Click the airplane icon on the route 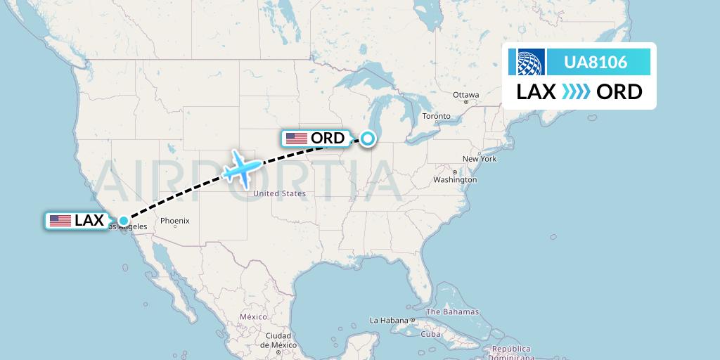point(241,168)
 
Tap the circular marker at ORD point(367,139)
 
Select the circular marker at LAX point(124,221)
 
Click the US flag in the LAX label point(60,221)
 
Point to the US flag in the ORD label point(297,139)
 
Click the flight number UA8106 point(596,63)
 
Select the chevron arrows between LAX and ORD point(576,92)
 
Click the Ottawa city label point(465,95)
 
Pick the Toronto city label point(436,116)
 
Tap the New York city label point(480,159)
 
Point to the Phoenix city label point(174,221)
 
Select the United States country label point(279,193)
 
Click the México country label point(253,317)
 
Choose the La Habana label point(389,321)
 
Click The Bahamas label point(452,311)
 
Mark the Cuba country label point(430,334)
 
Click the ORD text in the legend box point(619,92)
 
